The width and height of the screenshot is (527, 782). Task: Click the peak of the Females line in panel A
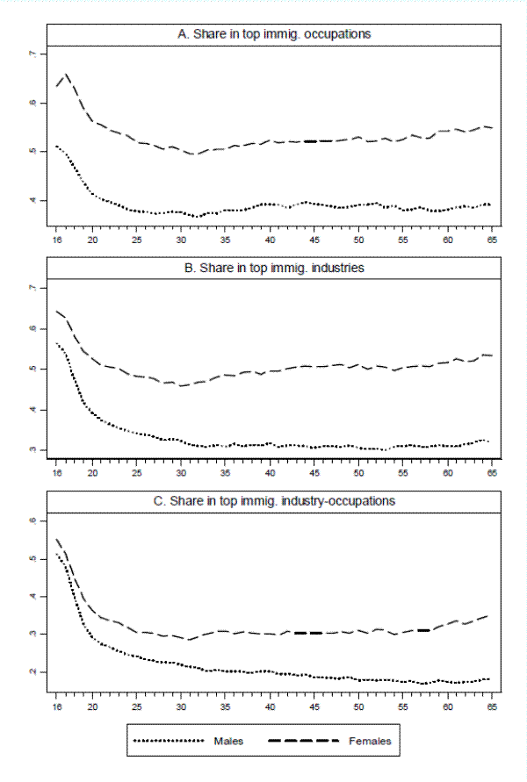66,75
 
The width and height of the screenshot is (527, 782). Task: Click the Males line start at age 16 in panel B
55,343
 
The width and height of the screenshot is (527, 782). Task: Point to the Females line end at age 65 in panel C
488,615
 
